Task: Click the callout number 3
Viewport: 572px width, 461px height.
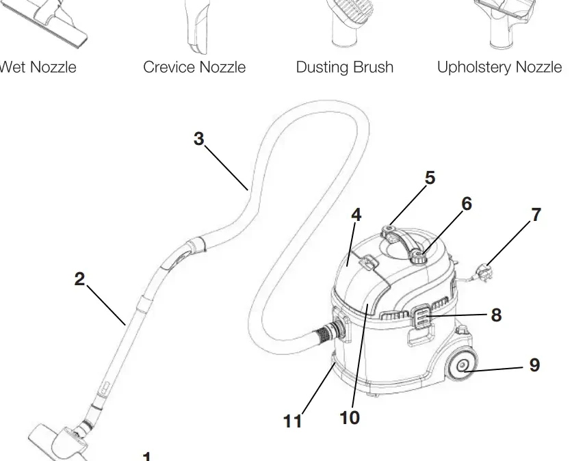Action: [198, 139]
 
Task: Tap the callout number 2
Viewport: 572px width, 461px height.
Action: [80, 279]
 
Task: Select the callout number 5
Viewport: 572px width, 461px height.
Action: [430, 178]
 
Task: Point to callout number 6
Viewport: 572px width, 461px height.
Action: [467, 204]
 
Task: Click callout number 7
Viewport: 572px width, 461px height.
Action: [536, 215]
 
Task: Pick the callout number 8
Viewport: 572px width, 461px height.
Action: [496, 315]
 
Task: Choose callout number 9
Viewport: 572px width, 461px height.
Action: [534, 365]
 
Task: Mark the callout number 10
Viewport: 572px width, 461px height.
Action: [350, 417]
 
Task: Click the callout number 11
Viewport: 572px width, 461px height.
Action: [293, 421]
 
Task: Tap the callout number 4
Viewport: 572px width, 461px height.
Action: [356, 215]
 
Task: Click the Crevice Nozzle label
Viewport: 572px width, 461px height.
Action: [194, 67]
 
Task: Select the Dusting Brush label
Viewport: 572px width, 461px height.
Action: [344, 67]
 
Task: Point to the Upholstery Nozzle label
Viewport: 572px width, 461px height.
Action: [499, 67]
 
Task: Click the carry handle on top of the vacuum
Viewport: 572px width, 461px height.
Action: [404, 241]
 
